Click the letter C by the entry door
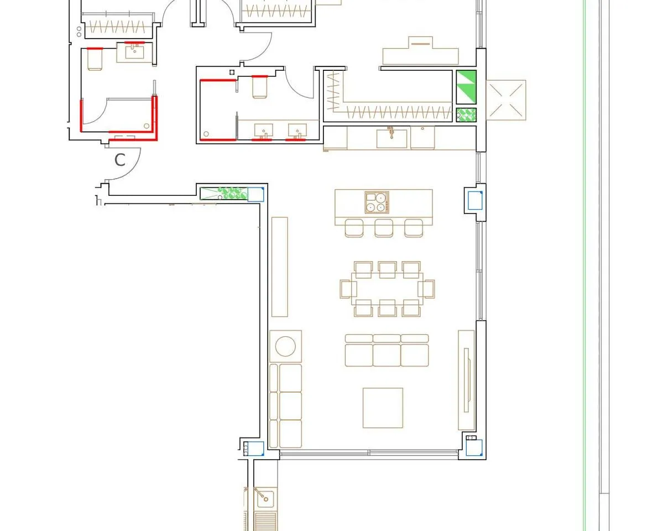119,160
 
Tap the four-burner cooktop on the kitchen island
377,202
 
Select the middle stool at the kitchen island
384,228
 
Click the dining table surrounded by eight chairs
387,289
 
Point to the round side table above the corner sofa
285,346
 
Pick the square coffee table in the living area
383,408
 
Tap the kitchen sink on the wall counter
392,138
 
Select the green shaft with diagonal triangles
466,87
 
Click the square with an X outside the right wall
506,100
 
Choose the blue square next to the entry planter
255,194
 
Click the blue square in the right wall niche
475,201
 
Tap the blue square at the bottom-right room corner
474,447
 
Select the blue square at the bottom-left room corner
256,449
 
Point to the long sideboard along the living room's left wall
279,267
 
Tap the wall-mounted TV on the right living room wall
466,380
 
